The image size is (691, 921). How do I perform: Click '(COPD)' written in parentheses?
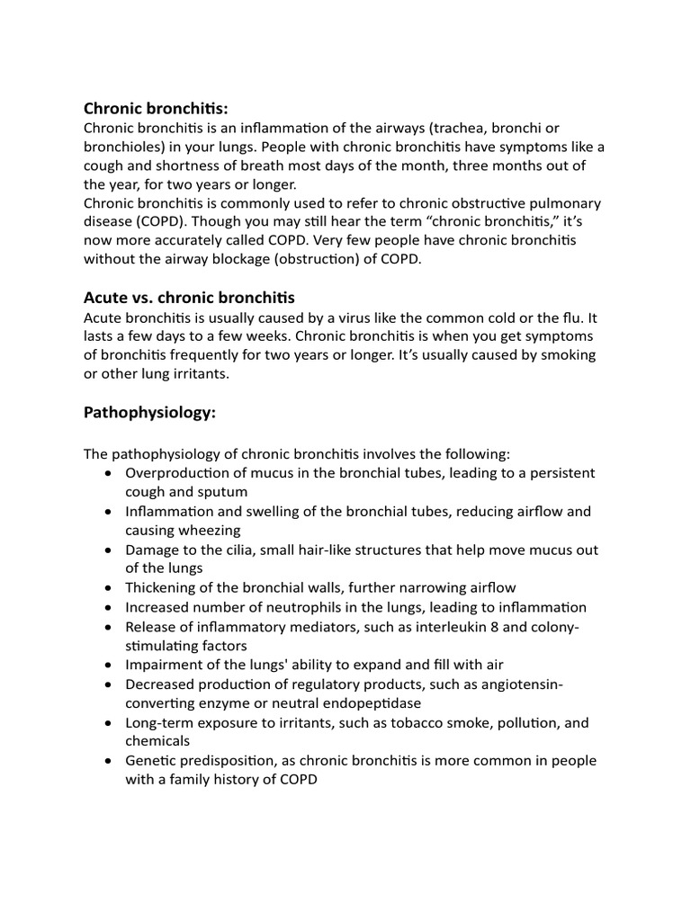tap(162, 222)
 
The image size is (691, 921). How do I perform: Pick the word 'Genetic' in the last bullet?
tap(152, 761)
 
